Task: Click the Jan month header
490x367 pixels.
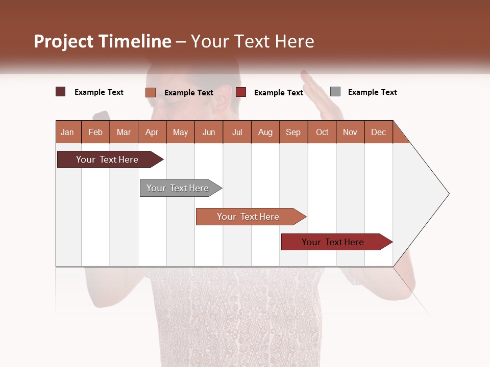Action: coord(67,132)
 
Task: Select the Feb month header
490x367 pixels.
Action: coord(95,132)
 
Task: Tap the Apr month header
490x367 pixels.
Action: coord(152,132)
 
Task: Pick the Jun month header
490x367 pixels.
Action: coord(209,132)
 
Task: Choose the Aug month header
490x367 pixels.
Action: coord(265,132)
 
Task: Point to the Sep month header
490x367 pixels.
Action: coord(293,132)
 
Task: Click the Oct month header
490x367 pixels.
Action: coord(322,132)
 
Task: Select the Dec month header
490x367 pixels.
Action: coord(378,132)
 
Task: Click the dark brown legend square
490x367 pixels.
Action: coord(61,92)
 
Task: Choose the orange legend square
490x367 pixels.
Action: coord(151,92)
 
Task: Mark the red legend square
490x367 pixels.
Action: coord(241,92)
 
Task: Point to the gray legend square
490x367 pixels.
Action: coord(335,92)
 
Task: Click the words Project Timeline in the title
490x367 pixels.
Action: coord(103,41)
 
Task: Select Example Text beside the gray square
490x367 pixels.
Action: coord(372,92)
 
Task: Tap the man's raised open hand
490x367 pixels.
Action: coord(319,94)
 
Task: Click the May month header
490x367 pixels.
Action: coord(180,132)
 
